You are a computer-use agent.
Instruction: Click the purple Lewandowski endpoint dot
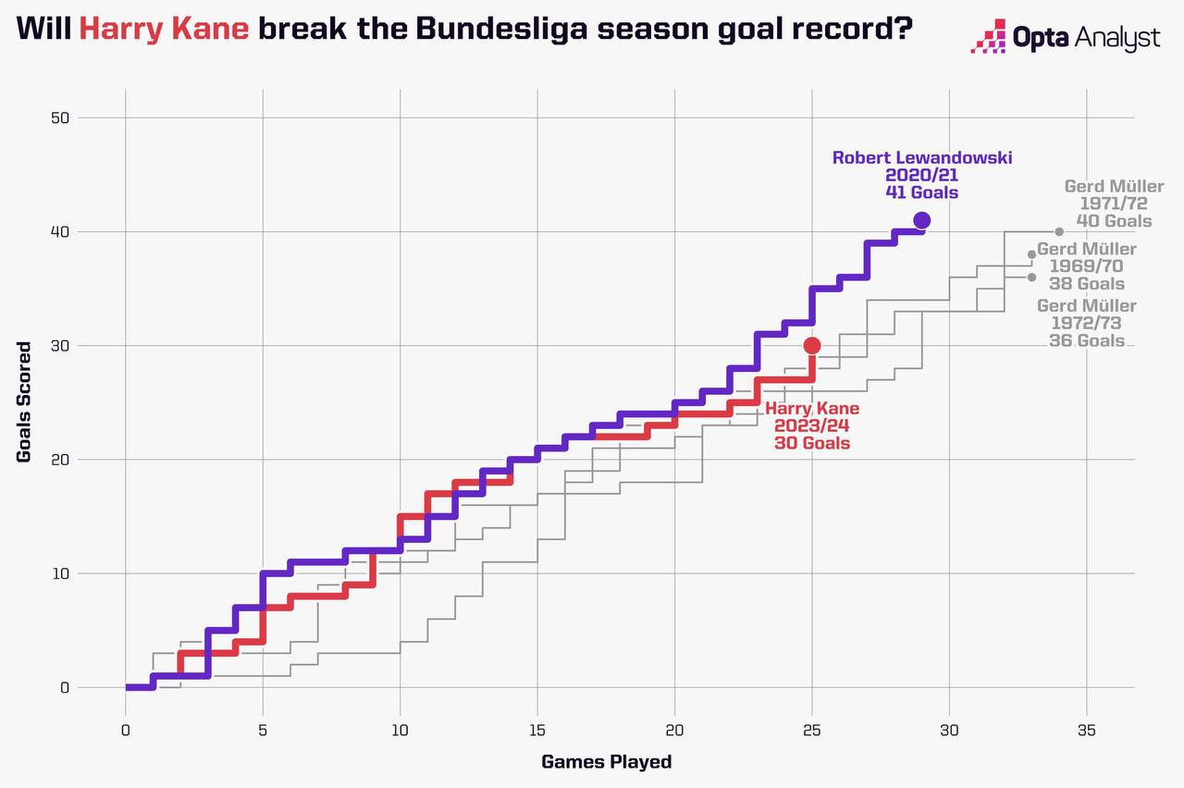pos(921,220)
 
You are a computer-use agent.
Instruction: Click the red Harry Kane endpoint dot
pos(812,346)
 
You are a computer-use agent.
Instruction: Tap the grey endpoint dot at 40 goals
pos(1058,231)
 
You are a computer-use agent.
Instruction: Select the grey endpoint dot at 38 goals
pos(1031,254)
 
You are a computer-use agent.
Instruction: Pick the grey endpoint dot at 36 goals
pos(1031,277)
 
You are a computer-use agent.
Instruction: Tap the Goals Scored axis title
pos(25,402)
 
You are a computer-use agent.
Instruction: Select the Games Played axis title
pos(606,762)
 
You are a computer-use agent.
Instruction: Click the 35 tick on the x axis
pos(1086,730)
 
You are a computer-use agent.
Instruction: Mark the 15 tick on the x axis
pos(537,730)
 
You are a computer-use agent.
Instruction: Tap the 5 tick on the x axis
pos(263,730)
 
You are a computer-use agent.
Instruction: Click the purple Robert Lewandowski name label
pos(921,157)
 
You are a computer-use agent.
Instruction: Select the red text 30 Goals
pos(812,444)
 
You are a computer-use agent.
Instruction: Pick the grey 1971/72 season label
pos(1114,203)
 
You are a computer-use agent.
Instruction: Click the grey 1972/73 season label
pos(1086,323)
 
